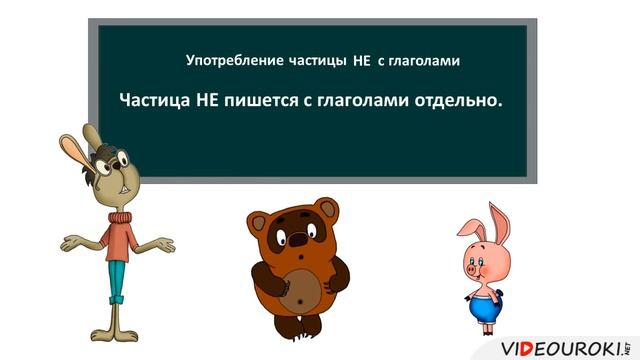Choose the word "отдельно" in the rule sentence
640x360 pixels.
coord(448,101)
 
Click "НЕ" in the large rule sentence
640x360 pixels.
coord(215,101)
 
